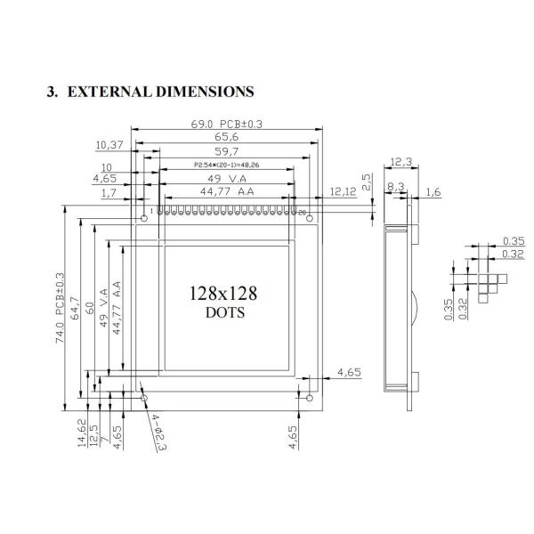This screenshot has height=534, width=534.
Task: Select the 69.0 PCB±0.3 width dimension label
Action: click(x=226, y=124)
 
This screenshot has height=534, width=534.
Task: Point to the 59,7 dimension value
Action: click(x=226, y=151)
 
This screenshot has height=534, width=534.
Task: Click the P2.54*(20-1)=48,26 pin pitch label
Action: click(x=226, y=165)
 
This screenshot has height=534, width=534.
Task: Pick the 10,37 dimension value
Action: click(x=109, y=143)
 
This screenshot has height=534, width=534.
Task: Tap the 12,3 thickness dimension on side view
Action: click(x=400, y=162)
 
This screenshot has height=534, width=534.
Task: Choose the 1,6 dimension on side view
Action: click(x=433, y=191)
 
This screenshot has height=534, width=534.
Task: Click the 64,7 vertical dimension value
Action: click(x=76, y=308)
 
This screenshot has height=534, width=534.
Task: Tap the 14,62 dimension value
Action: click(x=82, y=434)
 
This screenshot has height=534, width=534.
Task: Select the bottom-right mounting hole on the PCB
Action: click(x=308, y=397)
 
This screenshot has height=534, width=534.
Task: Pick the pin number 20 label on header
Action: click(x=302, y=212)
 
